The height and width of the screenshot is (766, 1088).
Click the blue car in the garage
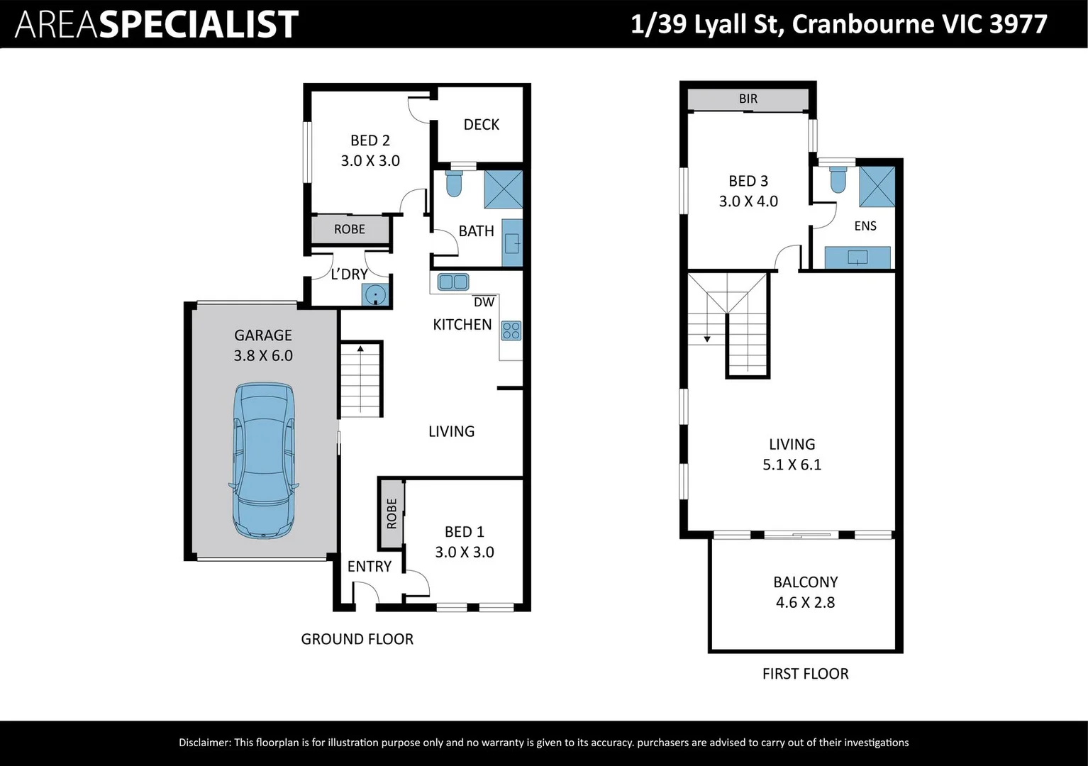(x=263, y=460)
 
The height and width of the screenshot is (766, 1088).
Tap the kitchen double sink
(x=453, y=282)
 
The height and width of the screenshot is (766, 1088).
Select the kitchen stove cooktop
(x=511, y=331)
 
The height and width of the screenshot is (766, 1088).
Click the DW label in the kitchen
(x=484, y=302)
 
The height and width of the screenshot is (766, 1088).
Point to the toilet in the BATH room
(x=454, y=183)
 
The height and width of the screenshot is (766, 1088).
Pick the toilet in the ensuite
(x=838, y=179)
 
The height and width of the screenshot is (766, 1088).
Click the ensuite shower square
(x=877, y=187)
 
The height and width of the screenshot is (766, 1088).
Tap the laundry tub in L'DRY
(x=375, y=295)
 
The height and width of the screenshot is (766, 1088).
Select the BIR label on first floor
(x=748, y=99)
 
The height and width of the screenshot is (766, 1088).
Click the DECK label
(x=482, y=125)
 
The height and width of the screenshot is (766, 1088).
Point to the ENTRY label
(x=369, y=567)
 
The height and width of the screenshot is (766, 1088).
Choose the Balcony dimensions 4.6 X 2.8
(x=805, y=602)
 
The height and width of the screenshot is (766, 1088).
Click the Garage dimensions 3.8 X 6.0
(x=263, y=355)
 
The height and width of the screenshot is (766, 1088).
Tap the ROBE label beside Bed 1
(x=392, y=514)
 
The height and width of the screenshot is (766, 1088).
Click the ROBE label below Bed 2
(x=349, y=229)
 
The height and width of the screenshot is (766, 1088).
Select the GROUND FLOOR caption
(x=357, y=639)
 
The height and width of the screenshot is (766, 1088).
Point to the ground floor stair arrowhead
(x=360, y=349)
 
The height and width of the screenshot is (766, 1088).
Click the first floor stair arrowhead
(x=707, y=339)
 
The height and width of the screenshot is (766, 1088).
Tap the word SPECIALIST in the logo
(x=199, y=24)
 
